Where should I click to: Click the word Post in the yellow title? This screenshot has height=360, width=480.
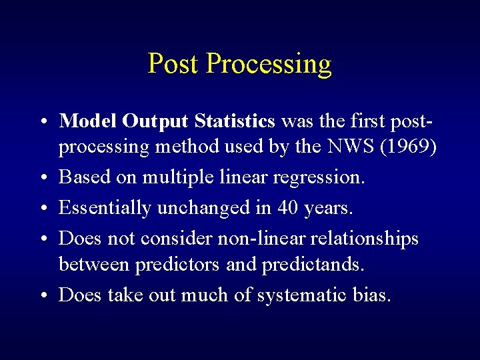174,64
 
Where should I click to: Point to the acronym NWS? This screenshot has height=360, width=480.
351,148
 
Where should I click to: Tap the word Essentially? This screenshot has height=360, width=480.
105,208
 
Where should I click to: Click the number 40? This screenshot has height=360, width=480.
288,207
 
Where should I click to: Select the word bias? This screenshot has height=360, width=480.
373,295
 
